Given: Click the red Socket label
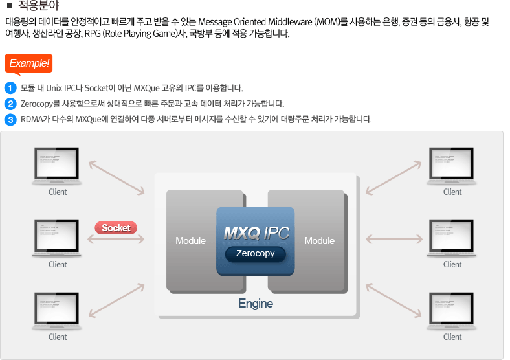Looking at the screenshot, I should pos(116,228).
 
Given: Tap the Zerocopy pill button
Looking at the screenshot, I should pos(255,254).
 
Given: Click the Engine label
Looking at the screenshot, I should pos(256,304).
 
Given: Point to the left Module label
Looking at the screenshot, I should pos(190,241).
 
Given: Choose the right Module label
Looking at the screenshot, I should pos(319,241).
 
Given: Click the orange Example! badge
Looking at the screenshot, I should pos(28,63).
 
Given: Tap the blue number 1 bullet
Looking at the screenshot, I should pos(10,88).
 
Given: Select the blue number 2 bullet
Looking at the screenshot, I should pos(10,104).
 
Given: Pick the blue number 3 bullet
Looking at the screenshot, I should pos(10,119).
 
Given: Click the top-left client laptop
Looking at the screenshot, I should pos(58,166).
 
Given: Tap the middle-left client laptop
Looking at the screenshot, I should pos(58,239).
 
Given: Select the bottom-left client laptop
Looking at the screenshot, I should pos(58,311).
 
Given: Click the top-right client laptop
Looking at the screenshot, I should pos(452,166).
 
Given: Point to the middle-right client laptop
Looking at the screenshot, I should pos(452,239).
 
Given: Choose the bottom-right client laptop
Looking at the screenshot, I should pos(452,311).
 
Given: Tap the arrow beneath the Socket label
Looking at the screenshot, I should pos(116,240).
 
